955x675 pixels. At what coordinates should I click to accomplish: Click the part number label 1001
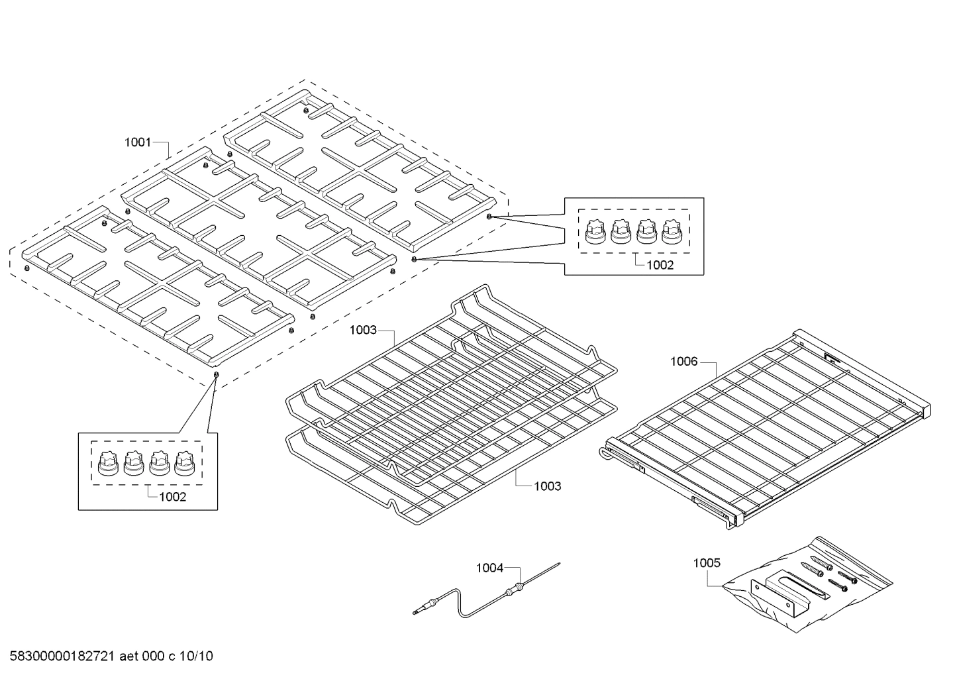[138, 142]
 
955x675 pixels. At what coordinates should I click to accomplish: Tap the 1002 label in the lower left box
[172, 497]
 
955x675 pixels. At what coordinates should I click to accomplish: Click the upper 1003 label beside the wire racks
[363, 330]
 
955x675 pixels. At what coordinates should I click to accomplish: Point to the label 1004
[489, 568]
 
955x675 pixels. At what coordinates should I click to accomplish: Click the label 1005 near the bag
[707, 563]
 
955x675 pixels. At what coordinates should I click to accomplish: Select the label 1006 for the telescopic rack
[683, 361]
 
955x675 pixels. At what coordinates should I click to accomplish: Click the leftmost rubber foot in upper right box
[595, 232]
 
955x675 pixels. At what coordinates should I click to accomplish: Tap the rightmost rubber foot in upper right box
[672, 232]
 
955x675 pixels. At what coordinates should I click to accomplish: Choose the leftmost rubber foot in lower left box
[107, 462]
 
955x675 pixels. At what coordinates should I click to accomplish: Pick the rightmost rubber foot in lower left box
[183, 462]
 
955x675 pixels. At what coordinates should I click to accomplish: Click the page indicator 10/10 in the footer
[195, 656]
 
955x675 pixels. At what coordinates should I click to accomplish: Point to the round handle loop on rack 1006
[605, 454]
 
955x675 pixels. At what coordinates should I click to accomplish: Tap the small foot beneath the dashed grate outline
[215, 375]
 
